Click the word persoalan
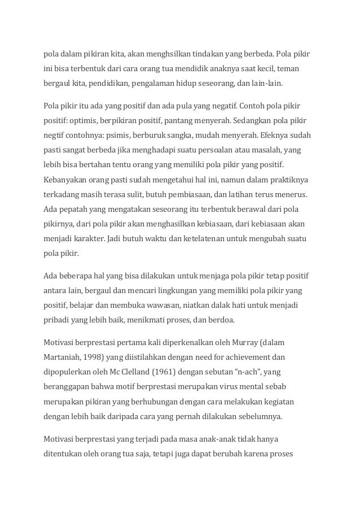pyautogui.click(x=219, y=150)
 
